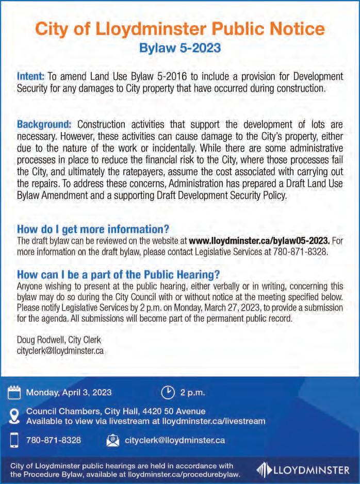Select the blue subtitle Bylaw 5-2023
tap(180, 49)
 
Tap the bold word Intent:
tap(31, 76)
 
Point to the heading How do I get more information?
tap(93, 229)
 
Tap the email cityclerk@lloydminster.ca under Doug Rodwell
tap(61, 350)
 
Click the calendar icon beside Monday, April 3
tap(15, 392)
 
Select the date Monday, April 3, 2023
tap(69, 392)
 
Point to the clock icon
tap(168, 392)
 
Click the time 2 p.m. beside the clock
tap(192, 392)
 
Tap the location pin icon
tap(15, 416)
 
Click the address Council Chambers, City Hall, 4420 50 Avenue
tap(108, 411)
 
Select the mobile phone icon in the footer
tap(15, 440)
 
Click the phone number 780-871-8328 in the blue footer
tap(54, 440)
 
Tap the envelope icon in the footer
tap(112, 440)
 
